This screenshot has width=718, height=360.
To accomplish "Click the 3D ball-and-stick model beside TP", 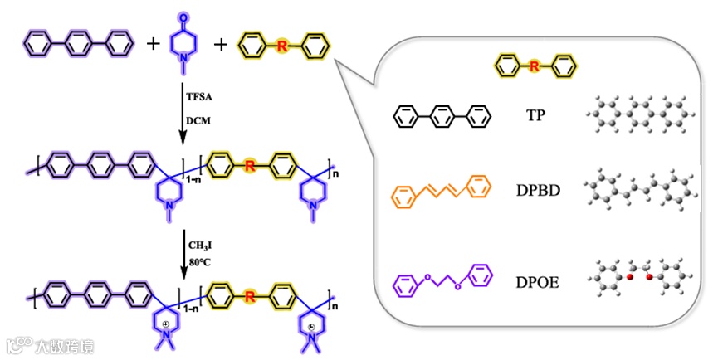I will pyautogui.click(x=638, y=116).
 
